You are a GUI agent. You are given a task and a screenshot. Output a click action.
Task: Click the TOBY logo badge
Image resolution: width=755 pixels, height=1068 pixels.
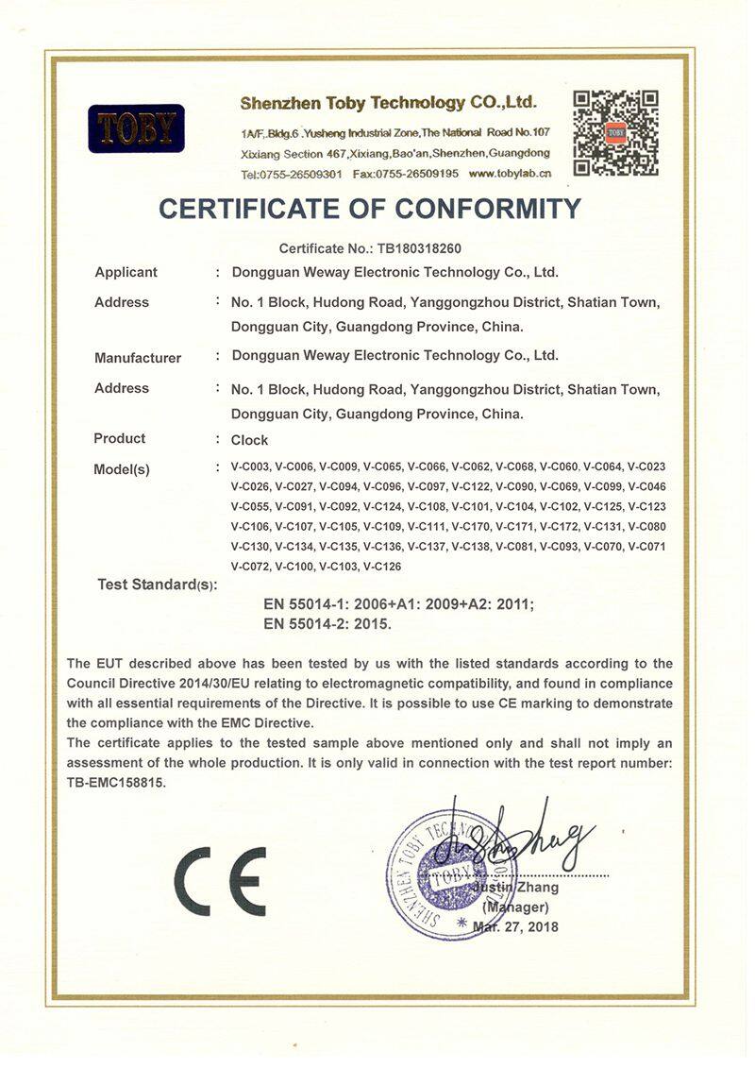coord(136,128)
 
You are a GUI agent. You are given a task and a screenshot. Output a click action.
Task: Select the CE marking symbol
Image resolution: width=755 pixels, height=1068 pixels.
coord(220,880)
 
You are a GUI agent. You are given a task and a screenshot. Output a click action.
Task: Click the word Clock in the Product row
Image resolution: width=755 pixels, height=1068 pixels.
coord(249,440)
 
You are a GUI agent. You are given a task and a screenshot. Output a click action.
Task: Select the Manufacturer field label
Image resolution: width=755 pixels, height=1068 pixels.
coord(138,358)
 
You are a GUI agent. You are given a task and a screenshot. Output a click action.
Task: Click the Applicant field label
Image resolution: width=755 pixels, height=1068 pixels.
coord(126,272)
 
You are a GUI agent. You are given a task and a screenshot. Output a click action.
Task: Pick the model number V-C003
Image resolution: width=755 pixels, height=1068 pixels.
coord(250,466)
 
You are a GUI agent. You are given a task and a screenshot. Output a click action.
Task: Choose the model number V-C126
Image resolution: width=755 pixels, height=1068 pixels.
coord(382,567)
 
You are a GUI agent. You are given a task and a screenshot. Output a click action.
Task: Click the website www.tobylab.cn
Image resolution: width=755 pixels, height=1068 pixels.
coord(511,174)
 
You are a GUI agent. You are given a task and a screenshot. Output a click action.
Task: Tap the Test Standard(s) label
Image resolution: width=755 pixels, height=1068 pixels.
coord(157,585)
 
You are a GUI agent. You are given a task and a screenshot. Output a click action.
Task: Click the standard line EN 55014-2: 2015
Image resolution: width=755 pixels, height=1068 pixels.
coord(327,624)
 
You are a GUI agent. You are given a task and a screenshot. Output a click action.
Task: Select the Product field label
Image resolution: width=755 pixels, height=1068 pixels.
coord(120,438)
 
